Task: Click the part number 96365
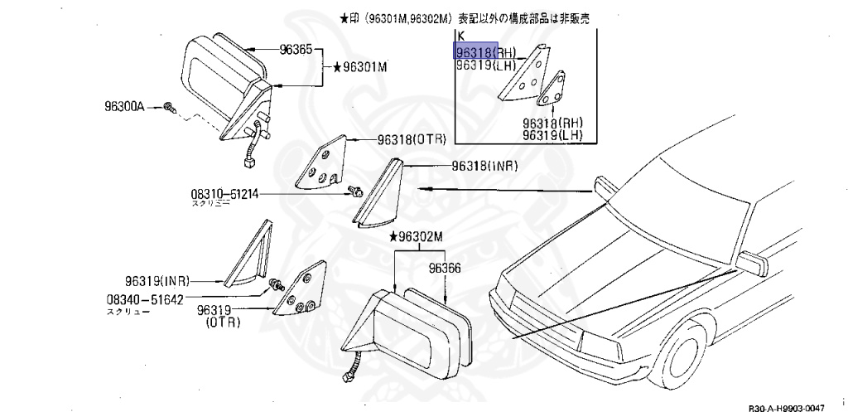pos(296,51)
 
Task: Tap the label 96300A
pos(124,107)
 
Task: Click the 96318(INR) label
pos(484,166)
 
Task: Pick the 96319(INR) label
pos(157,280)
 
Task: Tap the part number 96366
pos(445,268)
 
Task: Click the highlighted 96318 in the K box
pos(476,51)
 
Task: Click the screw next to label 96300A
pos(168,107)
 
